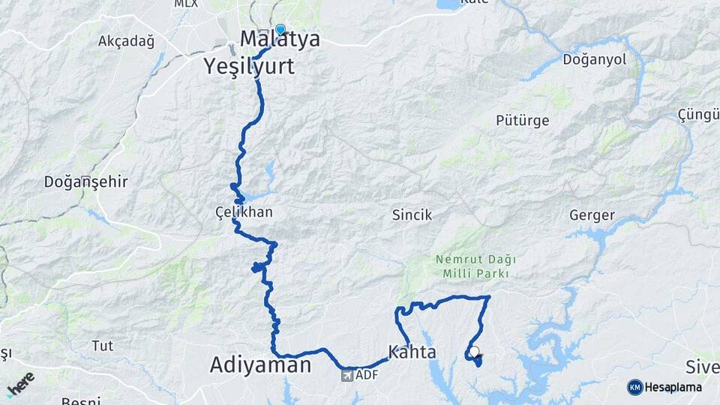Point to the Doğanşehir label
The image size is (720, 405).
tap(86, 181)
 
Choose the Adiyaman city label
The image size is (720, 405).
tap(260, 365)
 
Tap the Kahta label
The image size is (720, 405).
tap(412, 351)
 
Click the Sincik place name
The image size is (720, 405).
tap(412, 215)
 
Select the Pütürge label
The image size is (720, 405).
tap(523, 120)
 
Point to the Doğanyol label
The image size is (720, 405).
tap(594, 60)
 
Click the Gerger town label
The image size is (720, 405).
tap(592, 215)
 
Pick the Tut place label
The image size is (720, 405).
tap(102, 346)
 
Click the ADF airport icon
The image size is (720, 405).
tap(346, 374)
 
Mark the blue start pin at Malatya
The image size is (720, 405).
tap(280, 30)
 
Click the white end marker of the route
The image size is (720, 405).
tap(474, 351)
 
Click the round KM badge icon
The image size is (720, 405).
tap(635, 387)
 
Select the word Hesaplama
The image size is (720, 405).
tap(673, 387)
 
